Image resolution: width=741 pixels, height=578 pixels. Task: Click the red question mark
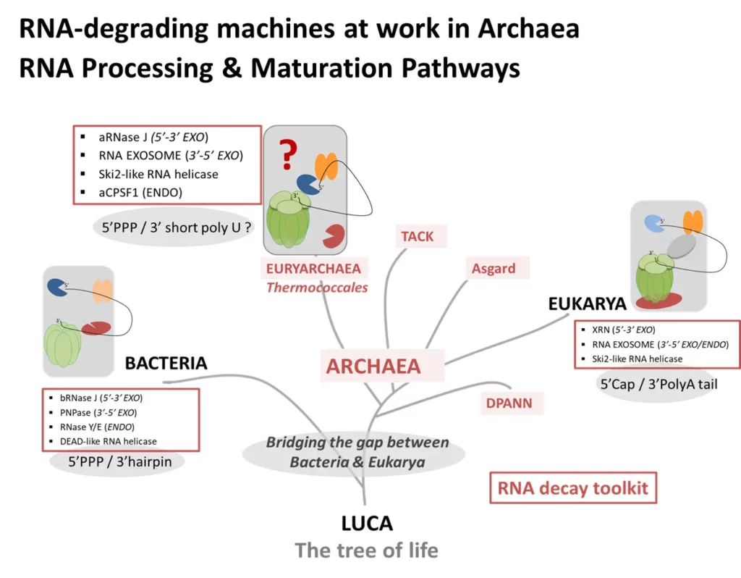tap(289, 154)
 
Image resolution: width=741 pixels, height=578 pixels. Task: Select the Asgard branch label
tap(494, 268)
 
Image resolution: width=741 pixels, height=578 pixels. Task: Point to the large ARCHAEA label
tap(373, 366)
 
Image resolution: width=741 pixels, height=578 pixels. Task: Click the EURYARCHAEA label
tap(313, 269)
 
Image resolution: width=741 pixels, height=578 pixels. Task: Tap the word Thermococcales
tap(317, 288)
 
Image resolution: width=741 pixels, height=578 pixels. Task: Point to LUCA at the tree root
tap(367, 523)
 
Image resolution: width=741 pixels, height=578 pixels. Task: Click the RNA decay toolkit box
tap(573, 489)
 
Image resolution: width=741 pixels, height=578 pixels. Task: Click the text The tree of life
tap(366, 550)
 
